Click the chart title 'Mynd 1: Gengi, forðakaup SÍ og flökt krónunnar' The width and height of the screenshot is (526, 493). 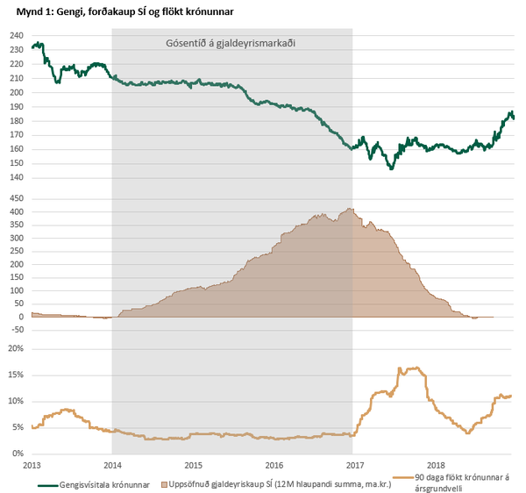[122, 11]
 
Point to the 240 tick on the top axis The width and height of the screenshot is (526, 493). [17, 35]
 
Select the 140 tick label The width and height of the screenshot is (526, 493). [17, 178]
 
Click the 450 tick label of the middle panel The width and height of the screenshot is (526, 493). [17, 197]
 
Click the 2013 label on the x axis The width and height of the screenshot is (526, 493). [32, 464]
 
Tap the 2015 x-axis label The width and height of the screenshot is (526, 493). [194, 464]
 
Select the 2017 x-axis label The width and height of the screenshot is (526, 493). [355, 464]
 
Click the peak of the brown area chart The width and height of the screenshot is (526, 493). [350, 209]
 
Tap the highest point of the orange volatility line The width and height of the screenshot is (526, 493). [401, 368]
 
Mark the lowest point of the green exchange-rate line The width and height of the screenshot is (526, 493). [391, 168]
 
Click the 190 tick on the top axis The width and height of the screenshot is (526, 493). [17, 107]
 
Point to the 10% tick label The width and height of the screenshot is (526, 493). [17, 401]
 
